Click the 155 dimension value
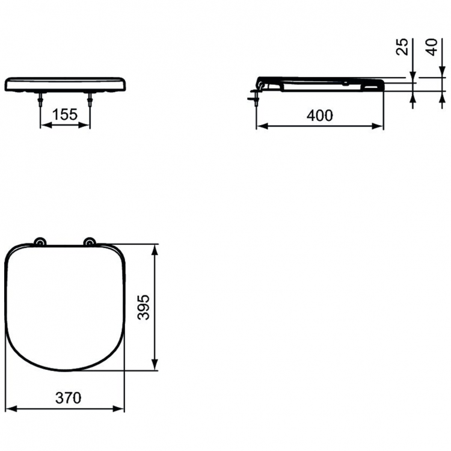coord(65,114)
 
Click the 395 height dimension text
coord(144,307)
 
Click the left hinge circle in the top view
coord(40,242)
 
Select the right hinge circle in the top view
coord(90,242)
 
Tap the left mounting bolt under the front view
coord(40,100)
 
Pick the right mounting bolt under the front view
coord(90,100)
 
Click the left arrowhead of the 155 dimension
coord(44,126)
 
